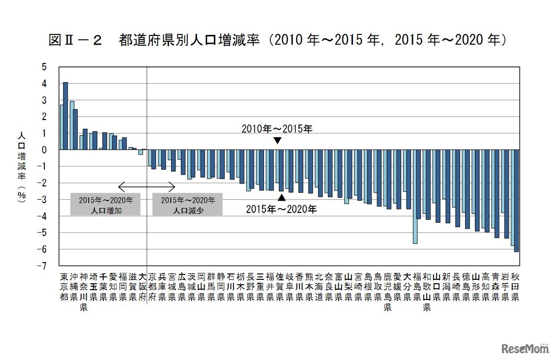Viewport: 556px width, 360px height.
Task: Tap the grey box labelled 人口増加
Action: click(x=106, y=204)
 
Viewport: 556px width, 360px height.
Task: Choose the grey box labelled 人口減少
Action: click(x=187, y=204)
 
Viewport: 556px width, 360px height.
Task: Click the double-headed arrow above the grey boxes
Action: click(x=146, y=187)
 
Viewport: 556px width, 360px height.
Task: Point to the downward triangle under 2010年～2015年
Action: click(x=277, y=141)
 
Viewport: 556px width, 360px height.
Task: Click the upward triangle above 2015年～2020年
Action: click(x=281, y=197)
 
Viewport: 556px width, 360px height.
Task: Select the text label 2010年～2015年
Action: click(x=277, y=129)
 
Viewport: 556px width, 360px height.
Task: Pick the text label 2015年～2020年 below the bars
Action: click(x=281, y=209)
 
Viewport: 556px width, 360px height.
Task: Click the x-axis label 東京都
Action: click(x=63, y=287)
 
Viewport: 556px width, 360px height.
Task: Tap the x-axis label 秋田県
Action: click(x=515, y=287)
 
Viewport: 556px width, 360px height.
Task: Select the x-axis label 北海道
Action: click(x=319, y=287)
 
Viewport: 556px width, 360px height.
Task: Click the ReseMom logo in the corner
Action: click(x=525, y=349)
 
